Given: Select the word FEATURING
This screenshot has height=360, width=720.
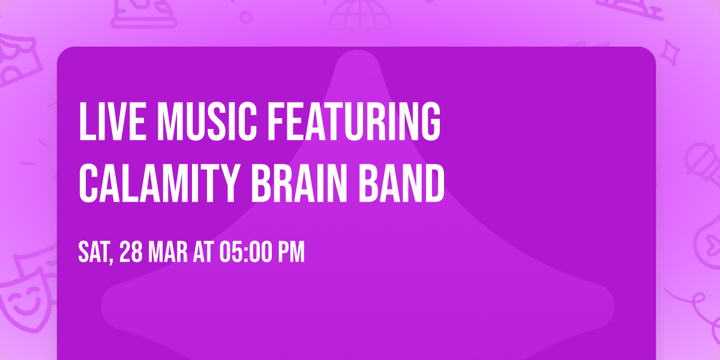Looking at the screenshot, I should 354,122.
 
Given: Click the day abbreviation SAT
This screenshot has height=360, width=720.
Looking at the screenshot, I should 93,253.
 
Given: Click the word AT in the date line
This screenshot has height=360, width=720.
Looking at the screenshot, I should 204,253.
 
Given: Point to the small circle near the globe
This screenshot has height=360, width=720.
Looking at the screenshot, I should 247,17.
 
